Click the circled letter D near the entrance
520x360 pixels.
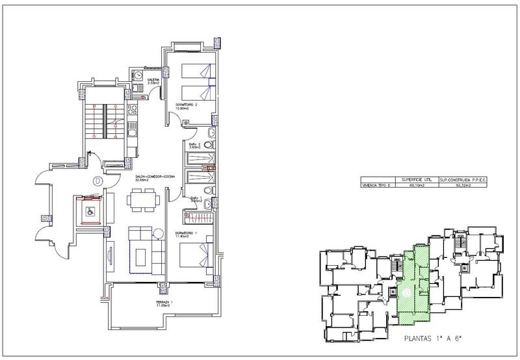(x=96, y=181)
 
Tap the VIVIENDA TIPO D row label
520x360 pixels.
(x=377, y=185)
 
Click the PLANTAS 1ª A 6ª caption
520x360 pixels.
(x=433, y=338)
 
